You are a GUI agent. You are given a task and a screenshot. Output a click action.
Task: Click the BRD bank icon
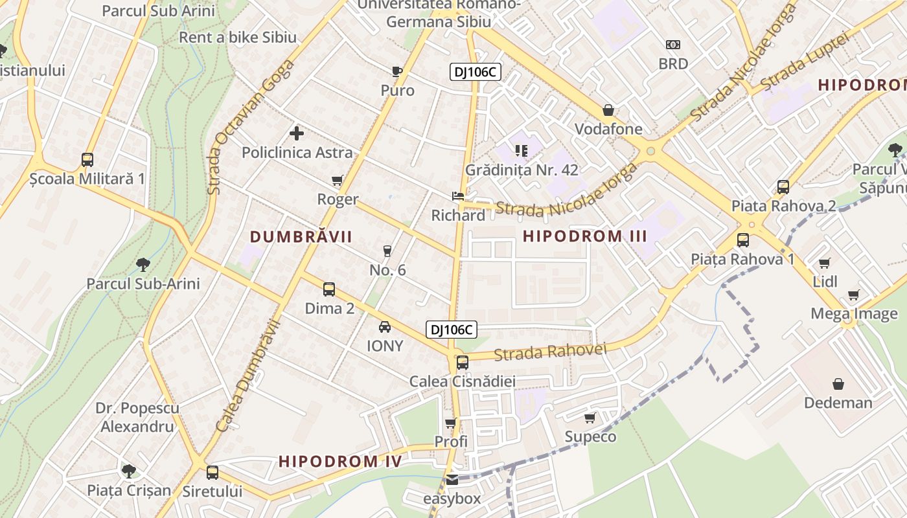click(673, 45)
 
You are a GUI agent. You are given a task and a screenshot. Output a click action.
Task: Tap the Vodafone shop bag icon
click(608, 110)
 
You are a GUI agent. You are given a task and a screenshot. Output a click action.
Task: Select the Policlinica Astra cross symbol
click(297, 133)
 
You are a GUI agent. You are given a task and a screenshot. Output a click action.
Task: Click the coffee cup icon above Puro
click(397, 71)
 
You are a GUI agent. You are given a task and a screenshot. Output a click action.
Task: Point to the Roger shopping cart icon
click(337, 180)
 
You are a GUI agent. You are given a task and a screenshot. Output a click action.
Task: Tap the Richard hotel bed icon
click(458, 196)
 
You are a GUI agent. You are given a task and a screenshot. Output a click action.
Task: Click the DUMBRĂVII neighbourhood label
click(301, 237)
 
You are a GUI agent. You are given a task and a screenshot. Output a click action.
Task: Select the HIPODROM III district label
click(585, 236)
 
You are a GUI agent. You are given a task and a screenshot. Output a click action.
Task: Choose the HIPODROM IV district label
click(340, 461)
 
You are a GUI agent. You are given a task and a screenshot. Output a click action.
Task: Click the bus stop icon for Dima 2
click(329, 289)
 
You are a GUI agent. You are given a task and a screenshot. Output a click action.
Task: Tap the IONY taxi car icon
click(385, 326)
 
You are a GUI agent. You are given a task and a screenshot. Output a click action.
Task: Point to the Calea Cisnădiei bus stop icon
click(462, 363)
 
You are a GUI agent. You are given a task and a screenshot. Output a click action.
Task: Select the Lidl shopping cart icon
click(824, 263)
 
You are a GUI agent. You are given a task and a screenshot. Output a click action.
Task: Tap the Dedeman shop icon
click(838, 384)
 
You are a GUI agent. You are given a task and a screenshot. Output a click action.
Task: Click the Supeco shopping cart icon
click(590, 418)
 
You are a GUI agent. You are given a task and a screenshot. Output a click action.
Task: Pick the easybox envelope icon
click(452, 480)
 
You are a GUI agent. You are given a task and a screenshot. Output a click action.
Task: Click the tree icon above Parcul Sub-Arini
click(143, 264)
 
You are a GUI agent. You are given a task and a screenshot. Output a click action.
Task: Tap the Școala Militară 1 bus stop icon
click(87, 159)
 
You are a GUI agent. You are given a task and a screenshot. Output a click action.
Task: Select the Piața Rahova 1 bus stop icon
click(742, 240)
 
